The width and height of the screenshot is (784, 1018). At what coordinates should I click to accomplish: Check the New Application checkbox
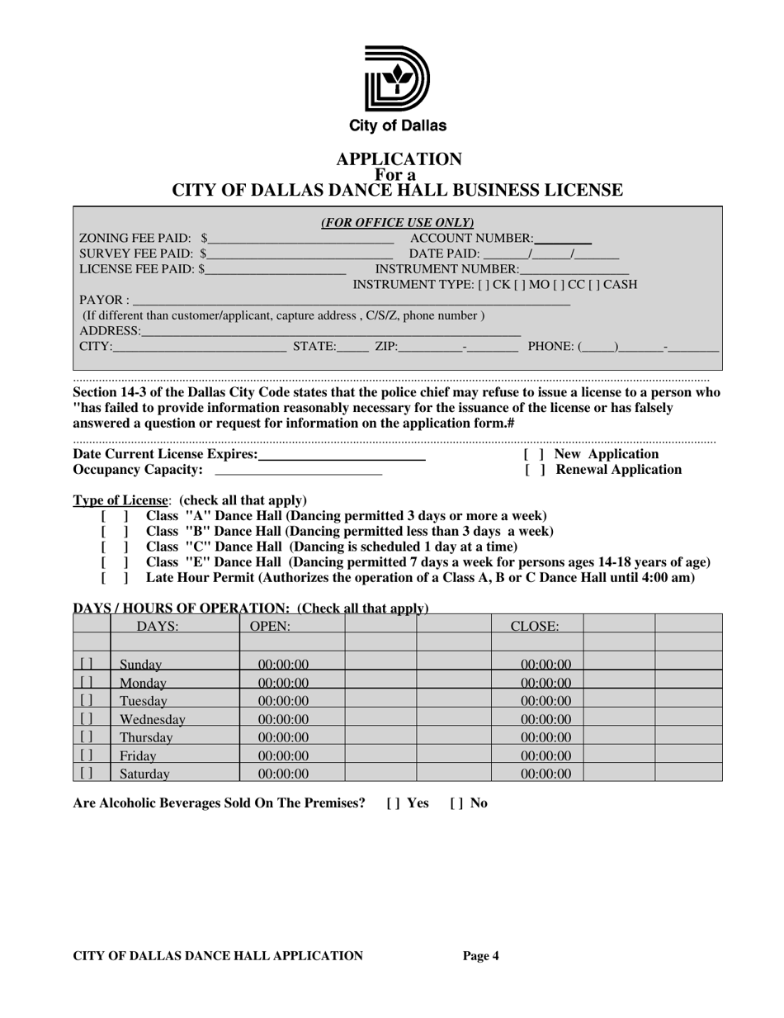pos(534,455)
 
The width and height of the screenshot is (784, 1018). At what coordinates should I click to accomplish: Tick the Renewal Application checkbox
pos(534,471)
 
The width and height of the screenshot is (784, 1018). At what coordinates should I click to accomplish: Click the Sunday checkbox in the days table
pos(87,664)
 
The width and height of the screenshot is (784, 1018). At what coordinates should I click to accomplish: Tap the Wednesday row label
pos(152,719)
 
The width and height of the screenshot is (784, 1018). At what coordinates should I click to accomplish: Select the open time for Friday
pos(283,755)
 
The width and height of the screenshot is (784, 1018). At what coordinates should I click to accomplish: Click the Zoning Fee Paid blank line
pos(300,240)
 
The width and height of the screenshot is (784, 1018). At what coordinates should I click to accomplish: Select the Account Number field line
pos(564,240)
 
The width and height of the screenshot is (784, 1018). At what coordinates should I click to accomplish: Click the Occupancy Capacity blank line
pos(298,471)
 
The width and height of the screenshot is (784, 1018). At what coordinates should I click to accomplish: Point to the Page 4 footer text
pos(481,956)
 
